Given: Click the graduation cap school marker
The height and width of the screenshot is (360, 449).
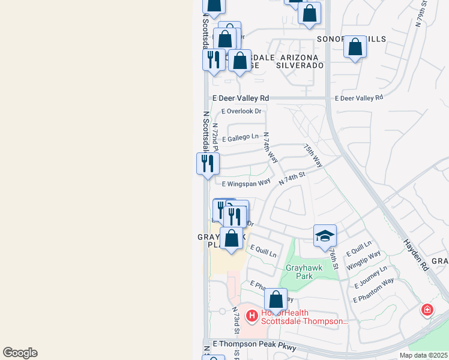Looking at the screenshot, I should point(324,235).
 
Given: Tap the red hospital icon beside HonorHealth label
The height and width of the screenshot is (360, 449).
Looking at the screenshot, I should point(253,315).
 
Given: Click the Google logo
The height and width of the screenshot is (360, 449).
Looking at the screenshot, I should point(20,353).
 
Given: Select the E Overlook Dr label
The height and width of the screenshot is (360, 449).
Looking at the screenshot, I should point(242,111).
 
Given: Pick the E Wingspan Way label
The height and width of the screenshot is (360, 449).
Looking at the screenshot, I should point(246,184).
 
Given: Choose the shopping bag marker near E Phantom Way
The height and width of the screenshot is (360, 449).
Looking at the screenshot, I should point(276,299).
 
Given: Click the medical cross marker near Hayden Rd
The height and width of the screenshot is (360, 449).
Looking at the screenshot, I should point(427,310).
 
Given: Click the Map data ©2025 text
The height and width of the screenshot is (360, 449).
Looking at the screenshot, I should point(423,355).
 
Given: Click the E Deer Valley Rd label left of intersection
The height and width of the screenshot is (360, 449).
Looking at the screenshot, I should point(241,98).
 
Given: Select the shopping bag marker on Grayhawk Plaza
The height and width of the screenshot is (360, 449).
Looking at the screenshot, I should point(232,238).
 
